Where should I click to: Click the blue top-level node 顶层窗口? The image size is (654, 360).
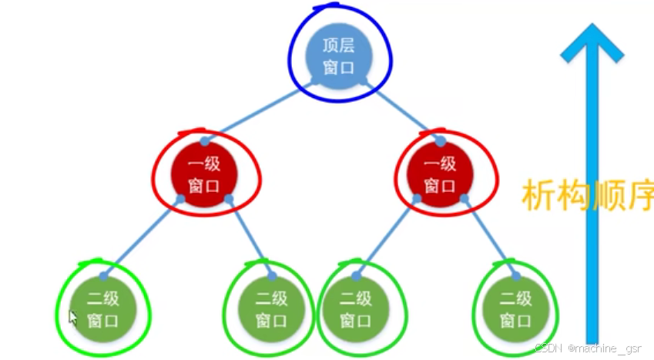pyautogui.click(x=338, y=56)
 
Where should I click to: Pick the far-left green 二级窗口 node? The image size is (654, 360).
pyautogui.click(x=102, y=308)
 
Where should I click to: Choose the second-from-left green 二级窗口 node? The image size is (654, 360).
pyautogui.click(x=271, y=308)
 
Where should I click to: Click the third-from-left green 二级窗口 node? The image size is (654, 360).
pyautogui.click(x=356, y=308)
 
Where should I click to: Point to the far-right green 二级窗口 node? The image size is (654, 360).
pyautogui.click(x=515, y=308)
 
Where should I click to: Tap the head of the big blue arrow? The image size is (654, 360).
pyautogui.click(x=592, y=42)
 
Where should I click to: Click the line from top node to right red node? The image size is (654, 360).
pyautogui.click(x=403, y=108)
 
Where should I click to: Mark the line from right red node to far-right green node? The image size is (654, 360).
pyautogui.click(x=490, y=236)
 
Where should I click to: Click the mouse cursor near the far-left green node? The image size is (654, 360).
pyautogui.click(x=73, y=317)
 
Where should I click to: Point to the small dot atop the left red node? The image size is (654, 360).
pyautogui.click(x=205, y=141)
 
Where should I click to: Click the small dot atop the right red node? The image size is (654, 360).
pyautogui.click(x=441, y=141)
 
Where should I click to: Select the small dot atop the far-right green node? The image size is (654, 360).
pyautogui.click(x=515, y=274)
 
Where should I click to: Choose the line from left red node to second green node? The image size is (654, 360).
pyautogui.click(x=250, y=235)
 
